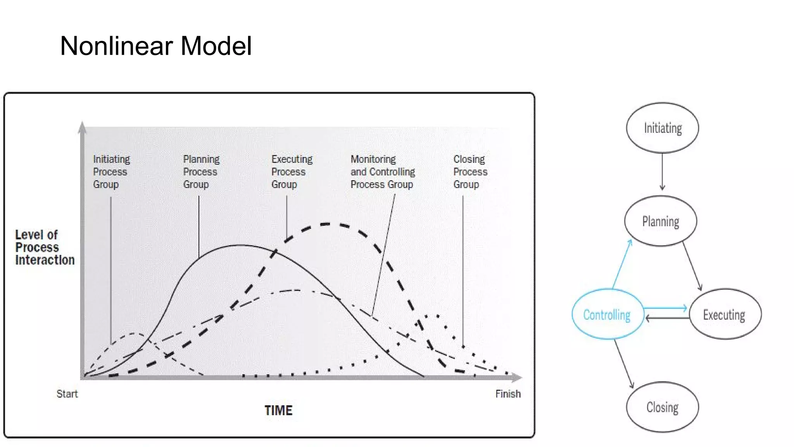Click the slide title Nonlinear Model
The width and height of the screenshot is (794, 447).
pos(156,46)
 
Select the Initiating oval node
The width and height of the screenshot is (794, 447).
pos(662,128)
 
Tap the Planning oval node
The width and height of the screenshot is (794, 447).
pos(661,221)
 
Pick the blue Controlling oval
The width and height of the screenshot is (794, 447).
pos(607,314)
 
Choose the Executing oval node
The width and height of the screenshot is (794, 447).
pos(724,314)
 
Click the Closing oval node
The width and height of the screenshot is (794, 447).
pos(662,407)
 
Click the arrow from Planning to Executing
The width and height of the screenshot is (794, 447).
pos(692,267)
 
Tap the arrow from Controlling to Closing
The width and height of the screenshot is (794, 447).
pos(624,363)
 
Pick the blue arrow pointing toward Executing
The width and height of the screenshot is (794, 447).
pos(665,308)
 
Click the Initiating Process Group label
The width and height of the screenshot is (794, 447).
pos(111,172)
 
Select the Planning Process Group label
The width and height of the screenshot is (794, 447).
pos(201,172)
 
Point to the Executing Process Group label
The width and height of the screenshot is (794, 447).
pos(292,172)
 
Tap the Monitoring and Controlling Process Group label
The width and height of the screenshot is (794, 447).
pos(383,172)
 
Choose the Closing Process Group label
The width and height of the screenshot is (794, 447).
pos(470,172)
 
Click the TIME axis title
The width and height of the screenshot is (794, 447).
pos(278,411)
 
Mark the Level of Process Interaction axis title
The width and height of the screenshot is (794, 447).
pos(45,248)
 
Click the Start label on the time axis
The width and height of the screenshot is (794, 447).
pos(67,394)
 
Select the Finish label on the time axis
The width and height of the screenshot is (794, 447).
pos(508,394)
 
